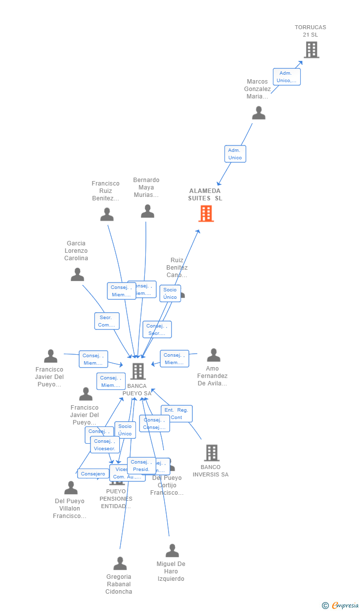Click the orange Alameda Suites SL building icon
coord(206,213)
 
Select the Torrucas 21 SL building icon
coord(311,49)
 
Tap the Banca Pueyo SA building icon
coord(137,371)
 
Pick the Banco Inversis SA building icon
coord(211,452)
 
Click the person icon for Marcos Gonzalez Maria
coord(259,113)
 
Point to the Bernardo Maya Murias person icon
coord(147,211)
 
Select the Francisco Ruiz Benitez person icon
coord(107,214)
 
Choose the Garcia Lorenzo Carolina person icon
coord(77,274)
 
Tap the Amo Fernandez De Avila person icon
coord(213,355)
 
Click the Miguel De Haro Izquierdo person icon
coord(172,550)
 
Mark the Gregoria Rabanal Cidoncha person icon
coord(120,563)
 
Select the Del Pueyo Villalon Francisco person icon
coord(71,488)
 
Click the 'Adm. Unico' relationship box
coord(235,154)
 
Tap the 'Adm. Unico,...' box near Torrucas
coord(287,77)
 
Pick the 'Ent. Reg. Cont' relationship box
coord(177,414)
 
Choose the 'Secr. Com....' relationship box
coord(107,321)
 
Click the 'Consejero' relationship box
coord(93,474)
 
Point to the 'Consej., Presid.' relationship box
coord(141,466)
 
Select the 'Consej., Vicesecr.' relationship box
coord(105,445)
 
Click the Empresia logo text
coord(345,605)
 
